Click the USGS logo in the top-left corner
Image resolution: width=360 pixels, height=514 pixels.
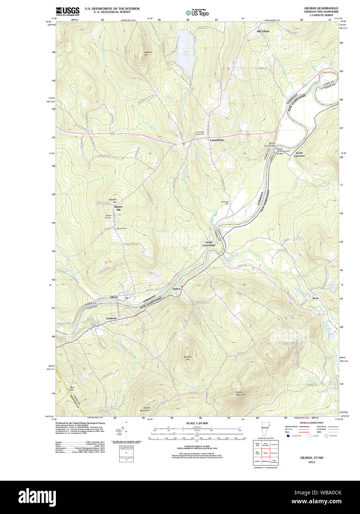coord(67,11)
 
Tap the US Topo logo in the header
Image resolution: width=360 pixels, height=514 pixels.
coord(197,13)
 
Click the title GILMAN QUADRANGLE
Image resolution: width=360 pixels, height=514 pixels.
coord(321,8)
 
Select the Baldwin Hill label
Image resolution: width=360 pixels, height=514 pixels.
coord(148,54)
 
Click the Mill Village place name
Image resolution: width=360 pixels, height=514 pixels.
coord(263,31)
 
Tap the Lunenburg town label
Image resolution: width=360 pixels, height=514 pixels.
coord(217,140)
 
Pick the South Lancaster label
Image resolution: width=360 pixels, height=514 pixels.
coord(299,154)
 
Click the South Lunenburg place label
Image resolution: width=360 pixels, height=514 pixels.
coord(208,244)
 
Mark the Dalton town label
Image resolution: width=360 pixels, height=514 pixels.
coord(176,288)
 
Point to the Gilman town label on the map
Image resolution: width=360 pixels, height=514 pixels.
coord(114,297)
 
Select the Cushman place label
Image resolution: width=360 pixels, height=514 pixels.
coord(111,318)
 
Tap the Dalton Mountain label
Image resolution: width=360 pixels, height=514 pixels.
coord(241,393)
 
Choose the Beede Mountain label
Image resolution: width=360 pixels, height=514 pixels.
coord(145,409)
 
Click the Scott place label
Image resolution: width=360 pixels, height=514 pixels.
coord(315,298)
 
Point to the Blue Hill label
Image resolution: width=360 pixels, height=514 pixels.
coord(72,389)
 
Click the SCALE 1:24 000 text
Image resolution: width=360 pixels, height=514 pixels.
coord(197,423)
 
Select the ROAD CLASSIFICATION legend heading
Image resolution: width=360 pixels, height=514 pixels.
coord(312,423)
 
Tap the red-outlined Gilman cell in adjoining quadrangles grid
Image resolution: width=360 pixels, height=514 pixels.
coord(266,453)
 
